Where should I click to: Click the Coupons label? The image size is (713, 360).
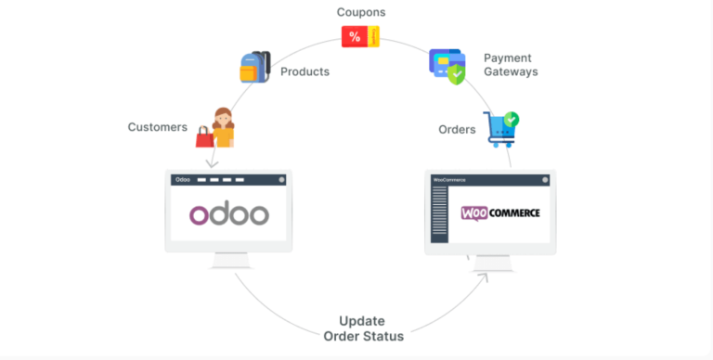[x=361, y=13]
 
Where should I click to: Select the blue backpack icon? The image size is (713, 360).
[x=254, y=67]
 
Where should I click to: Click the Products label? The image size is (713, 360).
[x=305, y=71]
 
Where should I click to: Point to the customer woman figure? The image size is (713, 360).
[x=223, y=126]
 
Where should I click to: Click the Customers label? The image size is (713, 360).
[x=158, y=127]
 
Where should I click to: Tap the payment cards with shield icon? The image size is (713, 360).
[x=447, y=66]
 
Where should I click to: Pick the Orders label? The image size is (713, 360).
[x=457, y=129]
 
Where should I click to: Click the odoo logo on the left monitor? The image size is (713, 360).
[x=229, y=214]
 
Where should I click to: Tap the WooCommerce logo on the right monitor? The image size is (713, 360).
[x=499, y=212]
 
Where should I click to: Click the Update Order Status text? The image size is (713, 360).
[x=363, y=328]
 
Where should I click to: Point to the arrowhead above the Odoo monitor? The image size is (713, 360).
[x=212, y=162]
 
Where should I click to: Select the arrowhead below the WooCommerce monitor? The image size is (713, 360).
[x=482, y=276]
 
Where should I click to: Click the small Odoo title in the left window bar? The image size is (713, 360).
[x=183, y=178]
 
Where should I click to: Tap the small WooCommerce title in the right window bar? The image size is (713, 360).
[x=450, y=179]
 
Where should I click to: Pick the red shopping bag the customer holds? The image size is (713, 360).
[x=204, y=138]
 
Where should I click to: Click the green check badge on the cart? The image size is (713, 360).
[x=510, y=120]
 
